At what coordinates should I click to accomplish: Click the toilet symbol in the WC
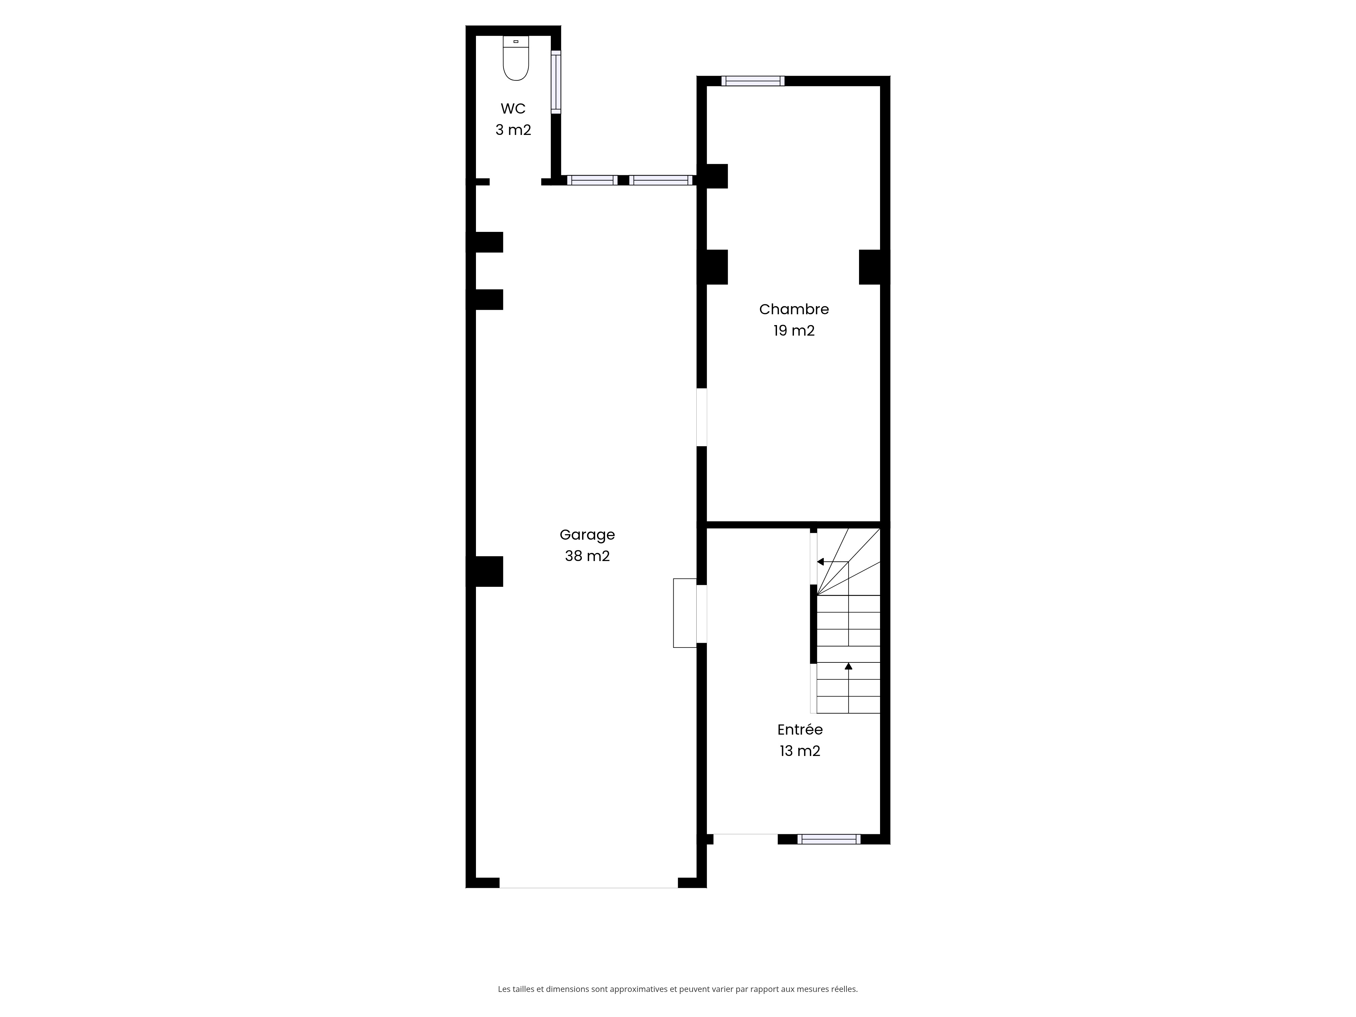click(x=516, y=58)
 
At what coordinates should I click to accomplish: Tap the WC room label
click(x=513, y=108)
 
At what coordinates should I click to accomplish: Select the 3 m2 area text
click(x=513, y=130)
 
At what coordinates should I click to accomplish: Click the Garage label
click(x=587, y=535)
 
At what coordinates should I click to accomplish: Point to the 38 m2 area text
click(x=587, y=556)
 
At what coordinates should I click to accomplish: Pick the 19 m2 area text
click(x=794, y=331)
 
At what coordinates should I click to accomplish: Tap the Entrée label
click(x=800, y=730)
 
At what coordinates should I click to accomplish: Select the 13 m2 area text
click(x=800, y=751)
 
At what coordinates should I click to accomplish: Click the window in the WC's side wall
click(x=556, y=82)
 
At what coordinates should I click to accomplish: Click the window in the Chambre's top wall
click(x=753, y=81)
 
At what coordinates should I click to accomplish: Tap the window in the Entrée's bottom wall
click(x=829, y=839)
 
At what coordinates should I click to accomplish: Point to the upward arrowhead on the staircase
click(x=849, y=666)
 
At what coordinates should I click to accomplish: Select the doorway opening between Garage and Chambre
click(x=702, y=417)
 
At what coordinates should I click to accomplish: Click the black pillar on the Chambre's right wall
click(x=874, y=267)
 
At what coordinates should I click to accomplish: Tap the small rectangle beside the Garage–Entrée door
click(x=685, y=613)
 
